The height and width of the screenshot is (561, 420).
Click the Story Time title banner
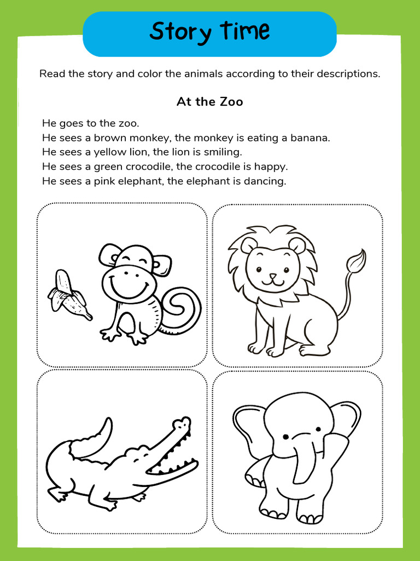(x=209, y=32)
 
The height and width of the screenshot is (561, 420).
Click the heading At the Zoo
(x=209, y=102)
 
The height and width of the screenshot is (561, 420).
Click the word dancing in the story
(x=266, y=181)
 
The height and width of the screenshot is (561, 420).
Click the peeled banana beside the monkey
(x=68, y=296)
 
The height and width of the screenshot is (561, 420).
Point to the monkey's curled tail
(x=183, y=310)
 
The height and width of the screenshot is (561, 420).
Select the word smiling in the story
(x=222, y=152)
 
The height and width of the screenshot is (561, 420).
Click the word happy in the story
(x=272, y=166)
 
